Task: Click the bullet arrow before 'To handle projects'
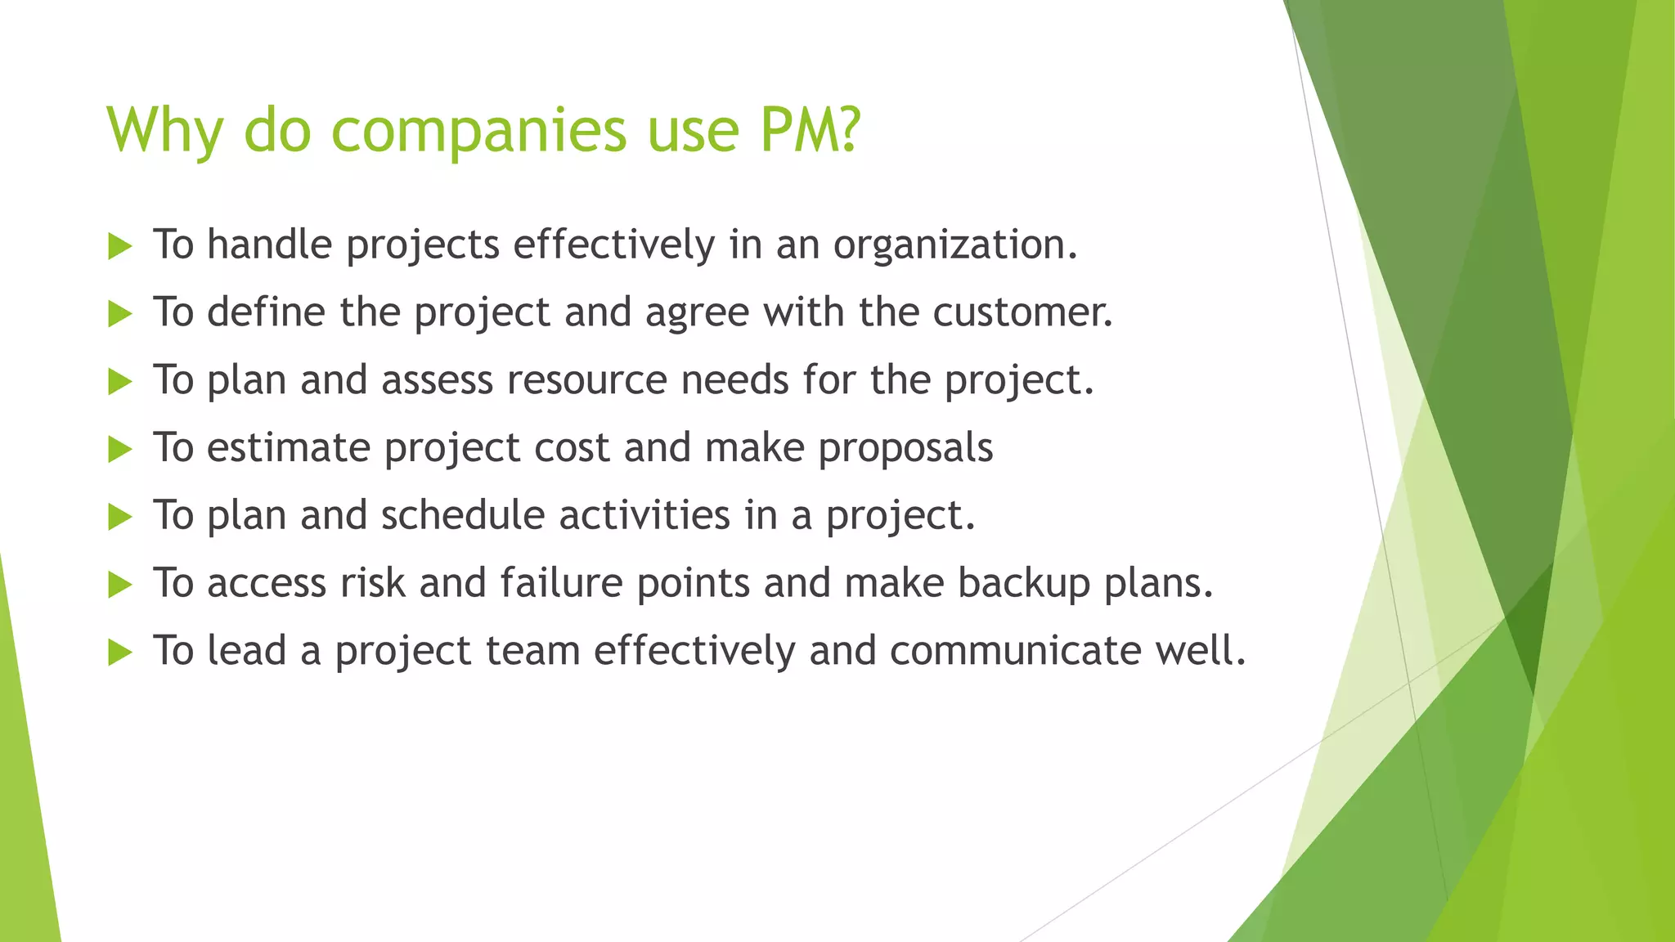click(x=119, y=246)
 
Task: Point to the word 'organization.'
click(x=955, y=245)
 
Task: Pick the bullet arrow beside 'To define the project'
click(x=119, y=314)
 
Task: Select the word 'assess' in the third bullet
click(x=437, y=380)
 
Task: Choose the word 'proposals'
click(x=905, y=449)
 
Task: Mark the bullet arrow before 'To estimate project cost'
click(x=119, y=449)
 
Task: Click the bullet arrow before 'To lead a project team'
click(x=119, y=653)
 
